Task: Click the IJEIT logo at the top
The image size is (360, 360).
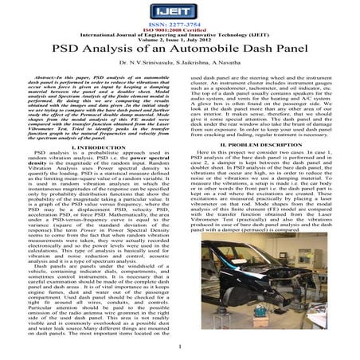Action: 179,11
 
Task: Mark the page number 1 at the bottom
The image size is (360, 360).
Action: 181,348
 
